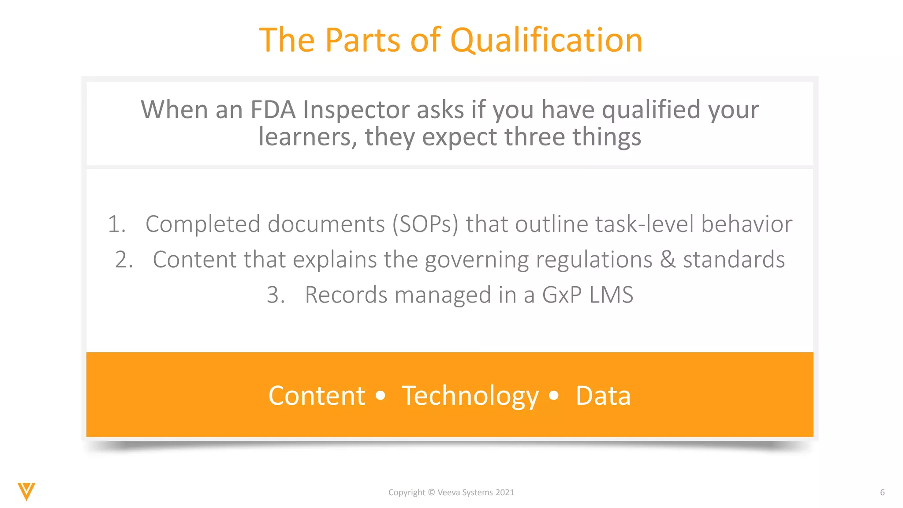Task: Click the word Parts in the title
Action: (x=363, y=41)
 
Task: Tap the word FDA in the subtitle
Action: (x=273, y=110)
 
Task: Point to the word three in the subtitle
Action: (x=534, y=137)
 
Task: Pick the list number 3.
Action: (x=276, y=295)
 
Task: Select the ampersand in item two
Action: (x=668, y=260)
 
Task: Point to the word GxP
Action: (x=561, y=295)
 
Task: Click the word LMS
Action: (x=611, y=295)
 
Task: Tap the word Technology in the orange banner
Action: (x=470, y=396)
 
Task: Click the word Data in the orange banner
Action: (x=603, y=396)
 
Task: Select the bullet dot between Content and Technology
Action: (x=380, y=396)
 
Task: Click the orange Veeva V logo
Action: (x=26, y=491)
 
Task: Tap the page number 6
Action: (x=882, y=493)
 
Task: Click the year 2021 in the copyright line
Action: (x=505, y=493)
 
